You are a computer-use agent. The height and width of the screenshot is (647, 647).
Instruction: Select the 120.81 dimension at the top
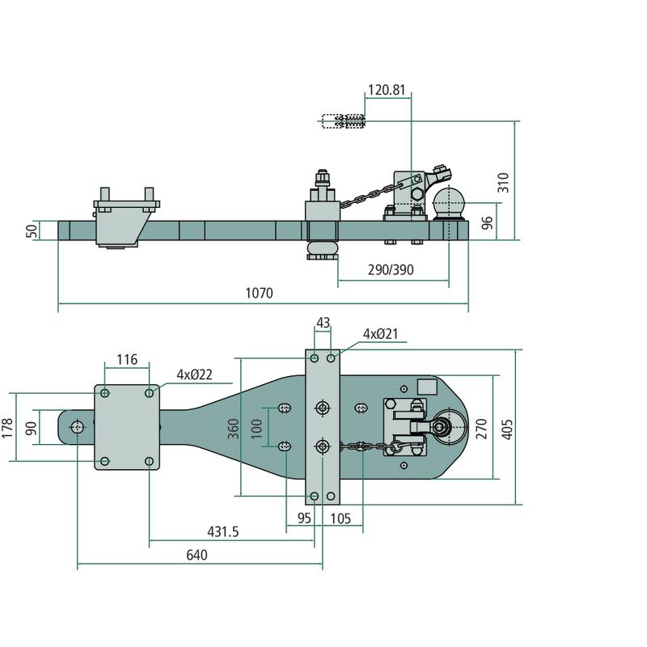[387, 90]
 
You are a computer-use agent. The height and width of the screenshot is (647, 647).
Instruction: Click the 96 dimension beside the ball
[487, 222]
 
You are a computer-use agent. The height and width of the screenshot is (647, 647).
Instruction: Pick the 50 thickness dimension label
[32, 230]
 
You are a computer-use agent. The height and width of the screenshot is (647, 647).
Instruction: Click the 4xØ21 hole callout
[380, 334]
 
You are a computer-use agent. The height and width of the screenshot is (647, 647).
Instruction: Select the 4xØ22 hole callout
[194, 375]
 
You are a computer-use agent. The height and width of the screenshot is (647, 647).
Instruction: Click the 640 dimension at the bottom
[197, 555]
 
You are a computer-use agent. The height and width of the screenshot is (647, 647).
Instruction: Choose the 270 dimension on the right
[482, 427]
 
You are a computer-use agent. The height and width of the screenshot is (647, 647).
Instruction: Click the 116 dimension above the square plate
[127, 359]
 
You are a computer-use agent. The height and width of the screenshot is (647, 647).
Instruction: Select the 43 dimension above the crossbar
[323, 323]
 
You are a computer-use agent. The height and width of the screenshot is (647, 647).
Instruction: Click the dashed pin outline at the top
[345, 122]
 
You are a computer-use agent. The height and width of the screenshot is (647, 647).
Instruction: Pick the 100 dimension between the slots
[257, 426]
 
